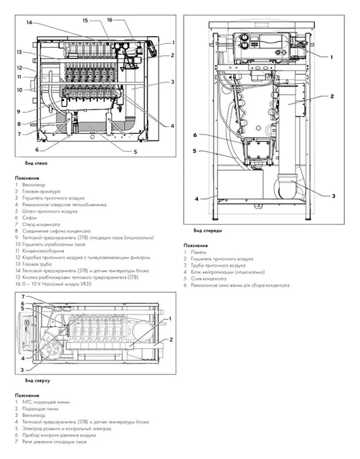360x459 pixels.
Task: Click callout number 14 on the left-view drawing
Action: point(30,23)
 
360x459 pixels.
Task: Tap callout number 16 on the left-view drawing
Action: point(110,20)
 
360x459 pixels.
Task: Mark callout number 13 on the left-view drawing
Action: point(20,52)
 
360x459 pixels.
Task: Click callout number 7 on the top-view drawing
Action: point(22,297)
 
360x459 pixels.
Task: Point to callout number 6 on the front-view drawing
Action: point(195,136)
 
